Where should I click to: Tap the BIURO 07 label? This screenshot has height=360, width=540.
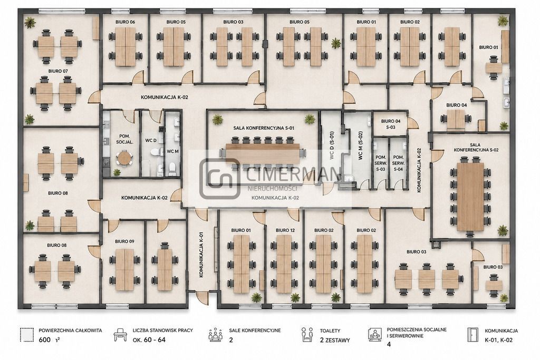[x=58, y=71]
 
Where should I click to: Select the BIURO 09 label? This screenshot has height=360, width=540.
[x=124, y=241]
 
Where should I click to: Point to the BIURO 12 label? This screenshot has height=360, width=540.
[x=285, y=230]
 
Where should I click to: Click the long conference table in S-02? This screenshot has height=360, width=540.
[x=470, y=197]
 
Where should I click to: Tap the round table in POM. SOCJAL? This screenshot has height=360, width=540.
[x=123, y=158]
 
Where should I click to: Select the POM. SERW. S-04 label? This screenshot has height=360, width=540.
[x=398, y=163]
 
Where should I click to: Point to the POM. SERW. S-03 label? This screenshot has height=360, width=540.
[x=381, y=163]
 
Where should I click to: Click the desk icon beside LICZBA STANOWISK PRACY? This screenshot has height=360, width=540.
[x=120, y=334]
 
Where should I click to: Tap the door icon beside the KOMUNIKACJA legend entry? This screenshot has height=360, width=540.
[x=472, y=335]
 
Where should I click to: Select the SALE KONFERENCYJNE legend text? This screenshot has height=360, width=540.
[x=255, y=330]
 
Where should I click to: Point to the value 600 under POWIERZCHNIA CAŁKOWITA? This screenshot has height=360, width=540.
[x=44, y=340]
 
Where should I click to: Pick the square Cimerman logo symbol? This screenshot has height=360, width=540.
[x=220, y=178]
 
